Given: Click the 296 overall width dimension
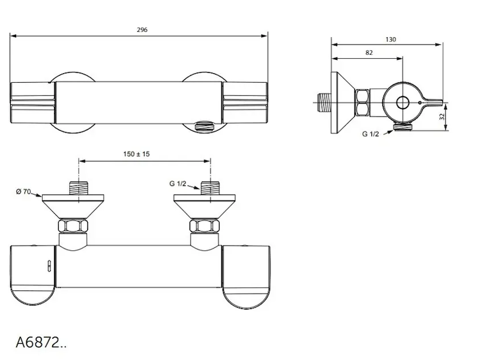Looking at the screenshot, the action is tap(142, 29).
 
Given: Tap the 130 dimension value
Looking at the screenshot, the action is tap(391, 40).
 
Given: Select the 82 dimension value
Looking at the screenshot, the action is tap(369, 53).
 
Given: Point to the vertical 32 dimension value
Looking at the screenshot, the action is tap(442, 116).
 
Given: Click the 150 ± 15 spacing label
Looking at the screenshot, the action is tap(137, 154).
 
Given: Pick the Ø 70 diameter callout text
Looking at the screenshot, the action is tap(23, 191).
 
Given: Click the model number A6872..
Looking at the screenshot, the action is tap(41, 342).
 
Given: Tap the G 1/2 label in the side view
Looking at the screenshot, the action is tap(370, 134).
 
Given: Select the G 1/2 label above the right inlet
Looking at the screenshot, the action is tap(178, 184).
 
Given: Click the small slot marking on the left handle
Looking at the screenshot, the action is tap(49, 266).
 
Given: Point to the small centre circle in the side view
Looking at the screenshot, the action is tap(403, 103).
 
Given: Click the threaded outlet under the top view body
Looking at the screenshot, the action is tap(205, 126).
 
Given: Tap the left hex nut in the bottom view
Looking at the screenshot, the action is tap(73, 226).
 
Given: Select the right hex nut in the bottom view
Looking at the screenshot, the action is tap(204, 226).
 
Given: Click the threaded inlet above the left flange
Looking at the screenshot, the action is tap(79, 188).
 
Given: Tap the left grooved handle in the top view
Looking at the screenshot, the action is tap(33, 103).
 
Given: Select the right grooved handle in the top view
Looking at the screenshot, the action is tap(245, 103).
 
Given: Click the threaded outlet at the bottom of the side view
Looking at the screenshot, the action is tap(403, 126).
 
